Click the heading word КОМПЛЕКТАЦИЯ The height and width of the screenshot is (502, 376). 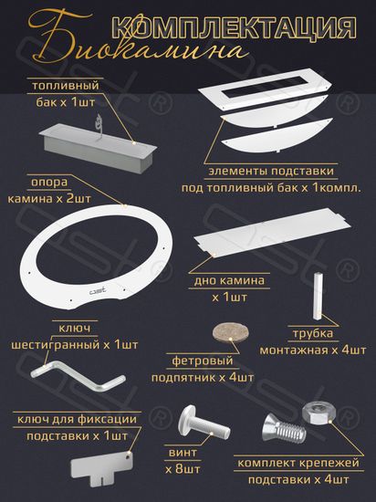[x=235, y=29]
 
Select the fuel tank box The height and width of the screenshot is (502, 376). [x=98, y=148]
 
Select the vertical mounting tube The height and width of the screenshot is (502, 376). [x=319, y=296]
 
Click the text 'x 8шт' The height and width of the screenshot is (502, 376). [x=183, y=469]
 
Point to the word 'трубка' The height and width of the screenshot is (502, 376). [x=313, y=333]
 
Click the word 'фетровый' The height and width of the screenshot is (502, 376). [x=203, y=361]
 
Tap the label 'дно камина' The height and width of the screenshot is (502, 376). [x=229, y=281]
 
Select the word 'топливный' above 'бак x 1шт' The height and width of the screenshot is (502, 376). [x=66, y=86]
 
